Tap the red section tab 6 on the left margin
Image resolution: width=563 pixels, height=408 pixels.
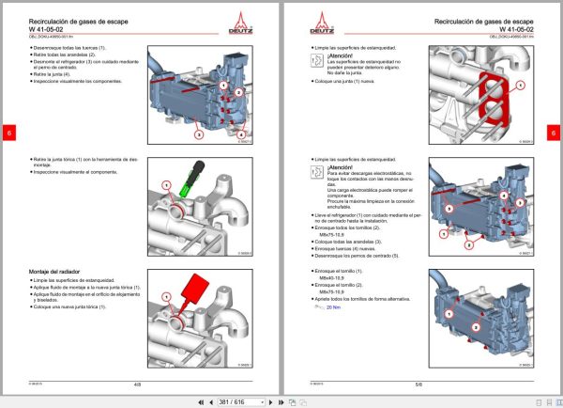click(x=8, y=133)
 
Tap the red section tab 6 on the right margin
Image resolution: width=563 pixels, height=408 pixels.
click(x=554, y=133)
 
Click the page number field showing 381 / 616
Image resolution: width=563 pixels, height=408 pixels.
click(x=232, y=401)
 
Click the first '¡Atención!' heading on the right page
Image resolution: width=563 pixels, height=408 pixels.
click(x=341, y=55)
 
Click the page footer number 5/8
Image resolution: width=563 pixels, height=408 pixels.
click(x=418, y=384)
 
